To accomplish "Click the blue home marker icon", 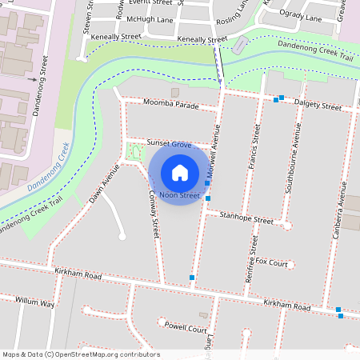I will (180, 172).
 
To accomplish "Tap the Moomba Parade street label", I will (171, 104).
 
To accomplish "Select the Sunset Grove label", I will (169, 145).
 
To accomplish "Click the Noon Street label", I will (179, 195).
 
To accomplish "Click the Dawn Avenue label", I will (105, 183).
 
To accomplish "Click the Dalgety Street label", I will (318, 106).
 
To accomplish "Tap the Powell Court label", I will (186, 329).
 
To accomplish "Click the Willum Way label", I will (35, 302).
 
